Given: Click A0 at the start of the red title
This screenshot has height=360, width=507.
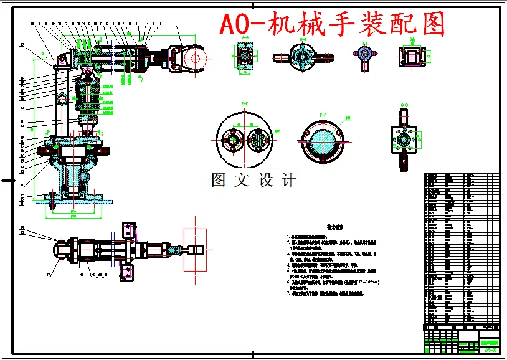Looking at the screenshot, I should (x=235, y=24).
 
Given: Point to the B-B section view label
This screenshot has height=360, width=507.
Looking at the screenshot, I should (x=303, y=39).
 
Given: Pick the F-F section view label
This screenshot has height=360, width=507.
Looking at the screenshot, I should (x=323, y=115).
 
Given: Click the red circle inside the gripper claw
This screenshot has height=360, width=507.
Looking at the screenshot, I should (x=195, y=59).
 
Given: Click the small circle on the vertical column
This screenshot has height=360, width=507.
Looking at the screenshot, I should (x=62, y=99).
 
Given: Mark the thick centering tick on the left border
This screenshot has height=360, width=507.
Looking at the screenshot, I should (x=7, y=180).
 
